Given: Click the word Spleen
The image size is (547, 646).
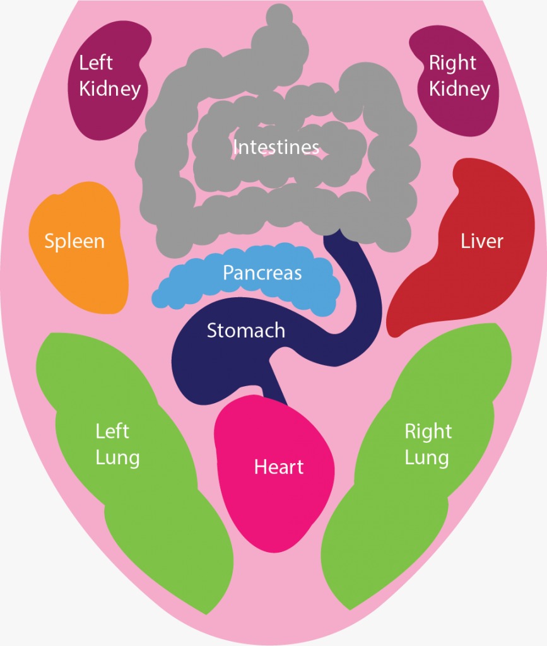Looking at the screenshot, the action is [x=74, y=242].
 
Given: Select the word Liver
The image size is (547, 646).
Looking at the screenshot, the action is [x=482, y=241].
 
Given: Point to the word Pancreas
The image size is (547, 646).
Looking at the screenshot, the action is [x=262, y=273].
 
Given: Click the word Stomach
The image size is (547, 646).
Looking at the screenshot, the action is [x=246, y=331].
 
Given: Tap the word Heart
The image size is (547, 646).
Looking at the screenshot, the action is [x=279, y=467].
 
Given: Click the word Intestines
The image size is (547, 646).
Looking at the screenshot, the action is [x=276, y=147].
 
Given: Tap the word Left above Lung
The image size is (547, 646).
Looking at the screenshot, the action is [x=112, y=432].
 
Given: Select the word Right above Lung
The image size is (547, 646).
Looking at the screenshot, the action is [x=428, y=432].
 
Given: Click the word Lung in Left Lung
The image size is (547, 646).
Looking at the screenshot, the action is [x=118, y=459].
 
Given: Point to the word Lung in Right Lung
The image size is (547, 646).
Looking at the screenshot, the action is [x=426, y=459].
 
